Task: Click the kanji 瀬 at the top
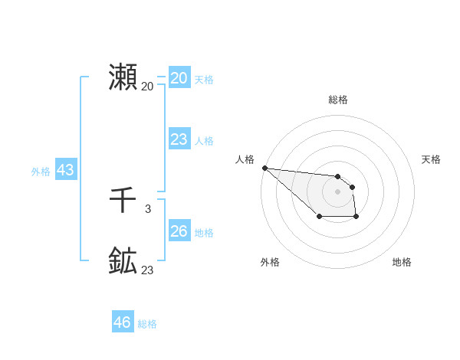coord(123,77)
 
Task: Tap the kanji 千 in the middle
coord(123,201)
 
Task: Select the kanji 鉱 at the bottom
coord(123,261)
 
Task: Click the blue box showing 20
coord(179,78)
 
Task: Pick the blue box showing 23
coord(179,139)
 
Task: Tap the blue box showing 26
coord(179,231)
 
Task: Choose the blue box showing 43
coord(65,170)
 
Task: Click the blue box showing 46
coord(122,322)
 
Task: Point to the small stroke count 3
coord(147,208)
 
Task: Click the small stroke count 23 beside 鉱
coord(147,270)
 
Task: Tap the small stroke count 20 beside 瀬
coord(147,86)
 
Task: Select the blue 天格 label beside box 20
coord(204,80)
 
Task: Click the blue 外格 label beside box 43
coord(41,172)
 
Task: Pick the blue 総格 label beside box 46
coord(147,324)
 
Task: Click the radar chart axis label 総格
coord(337,100)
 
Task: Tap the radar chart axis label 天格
coord(432,159)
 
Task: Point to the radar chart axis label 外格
coord(270,262)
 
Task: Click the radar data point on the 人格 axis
coord(264,168)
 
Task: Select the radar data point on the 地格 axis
coord(356,218)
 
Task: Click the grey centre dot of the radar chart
coord(337,191)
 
